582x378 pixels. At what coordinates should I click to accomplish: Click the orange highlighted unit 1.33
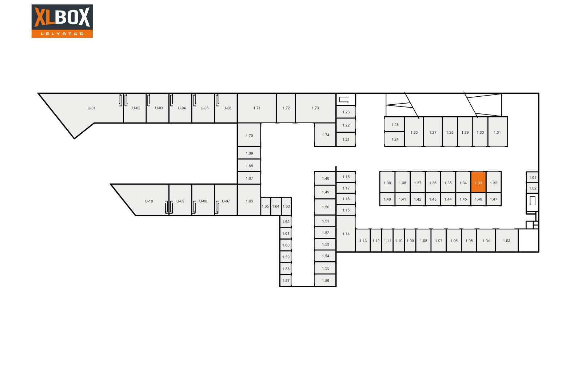point(478,182)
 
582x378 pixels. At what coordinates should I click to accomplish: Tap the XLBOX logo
point(62,21)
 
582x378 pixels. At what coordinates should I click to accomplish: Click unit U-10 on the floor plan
point(145,200)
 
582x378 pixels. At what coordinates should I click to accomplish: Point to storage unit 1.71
point(257,108)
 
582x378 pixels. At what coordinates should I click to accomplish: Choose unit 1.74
point(325,135)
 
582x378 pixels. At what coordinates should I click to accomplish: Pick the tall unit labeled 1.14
point(346,234)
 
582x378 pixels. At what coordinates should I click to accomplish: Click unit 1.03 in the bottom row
point(507,240)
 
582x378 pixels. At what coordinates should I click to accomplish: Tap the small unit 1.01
point(533,178)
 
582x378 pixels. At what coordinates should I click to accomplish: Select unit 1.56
point(325,280)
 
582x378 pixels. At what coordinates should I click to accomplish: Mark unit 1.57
point(286,280)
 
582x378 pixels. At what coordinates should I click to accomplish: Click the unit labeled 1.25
point(395,125)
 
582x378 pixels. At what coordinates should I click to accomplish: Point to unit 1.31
point(498,132)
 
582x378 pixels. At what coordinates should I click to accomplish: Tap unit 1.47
point(493,199)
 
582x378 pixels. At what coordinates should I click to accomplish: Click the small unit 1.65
point(266,206)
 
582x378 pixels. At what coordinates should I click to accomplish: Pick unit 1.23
point(346,112)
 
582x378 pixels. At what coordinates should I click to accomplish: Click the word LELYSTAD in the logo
point(62,34)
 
